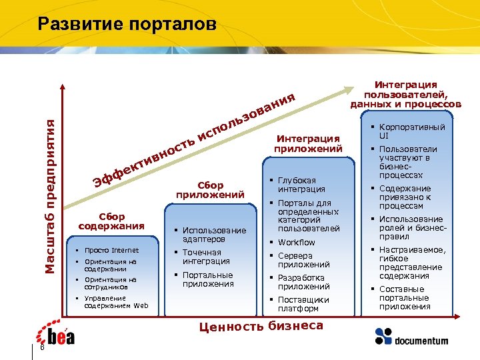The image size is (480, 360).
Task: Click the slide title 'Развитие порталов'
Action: click(127, 25)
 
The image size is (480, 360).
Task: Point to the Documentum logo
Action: click(411, 336)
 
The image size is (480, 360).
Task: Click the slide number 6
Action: click(42, 349)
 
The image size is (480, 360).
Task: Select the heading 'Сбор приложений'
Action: click(210, 189)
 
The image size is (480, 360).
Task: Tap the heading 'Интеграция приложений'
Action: click(308, 143)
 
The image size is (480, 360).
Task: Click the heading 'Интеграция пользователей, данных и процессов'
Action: click(405, 94)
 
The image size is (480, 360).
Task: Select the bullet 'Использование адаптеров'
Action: click(213, 234)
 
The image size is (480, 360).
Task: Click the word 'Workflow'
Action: click(297, 242)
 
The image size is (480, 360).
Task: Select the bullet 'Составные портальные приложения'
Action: click(405, 297)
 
